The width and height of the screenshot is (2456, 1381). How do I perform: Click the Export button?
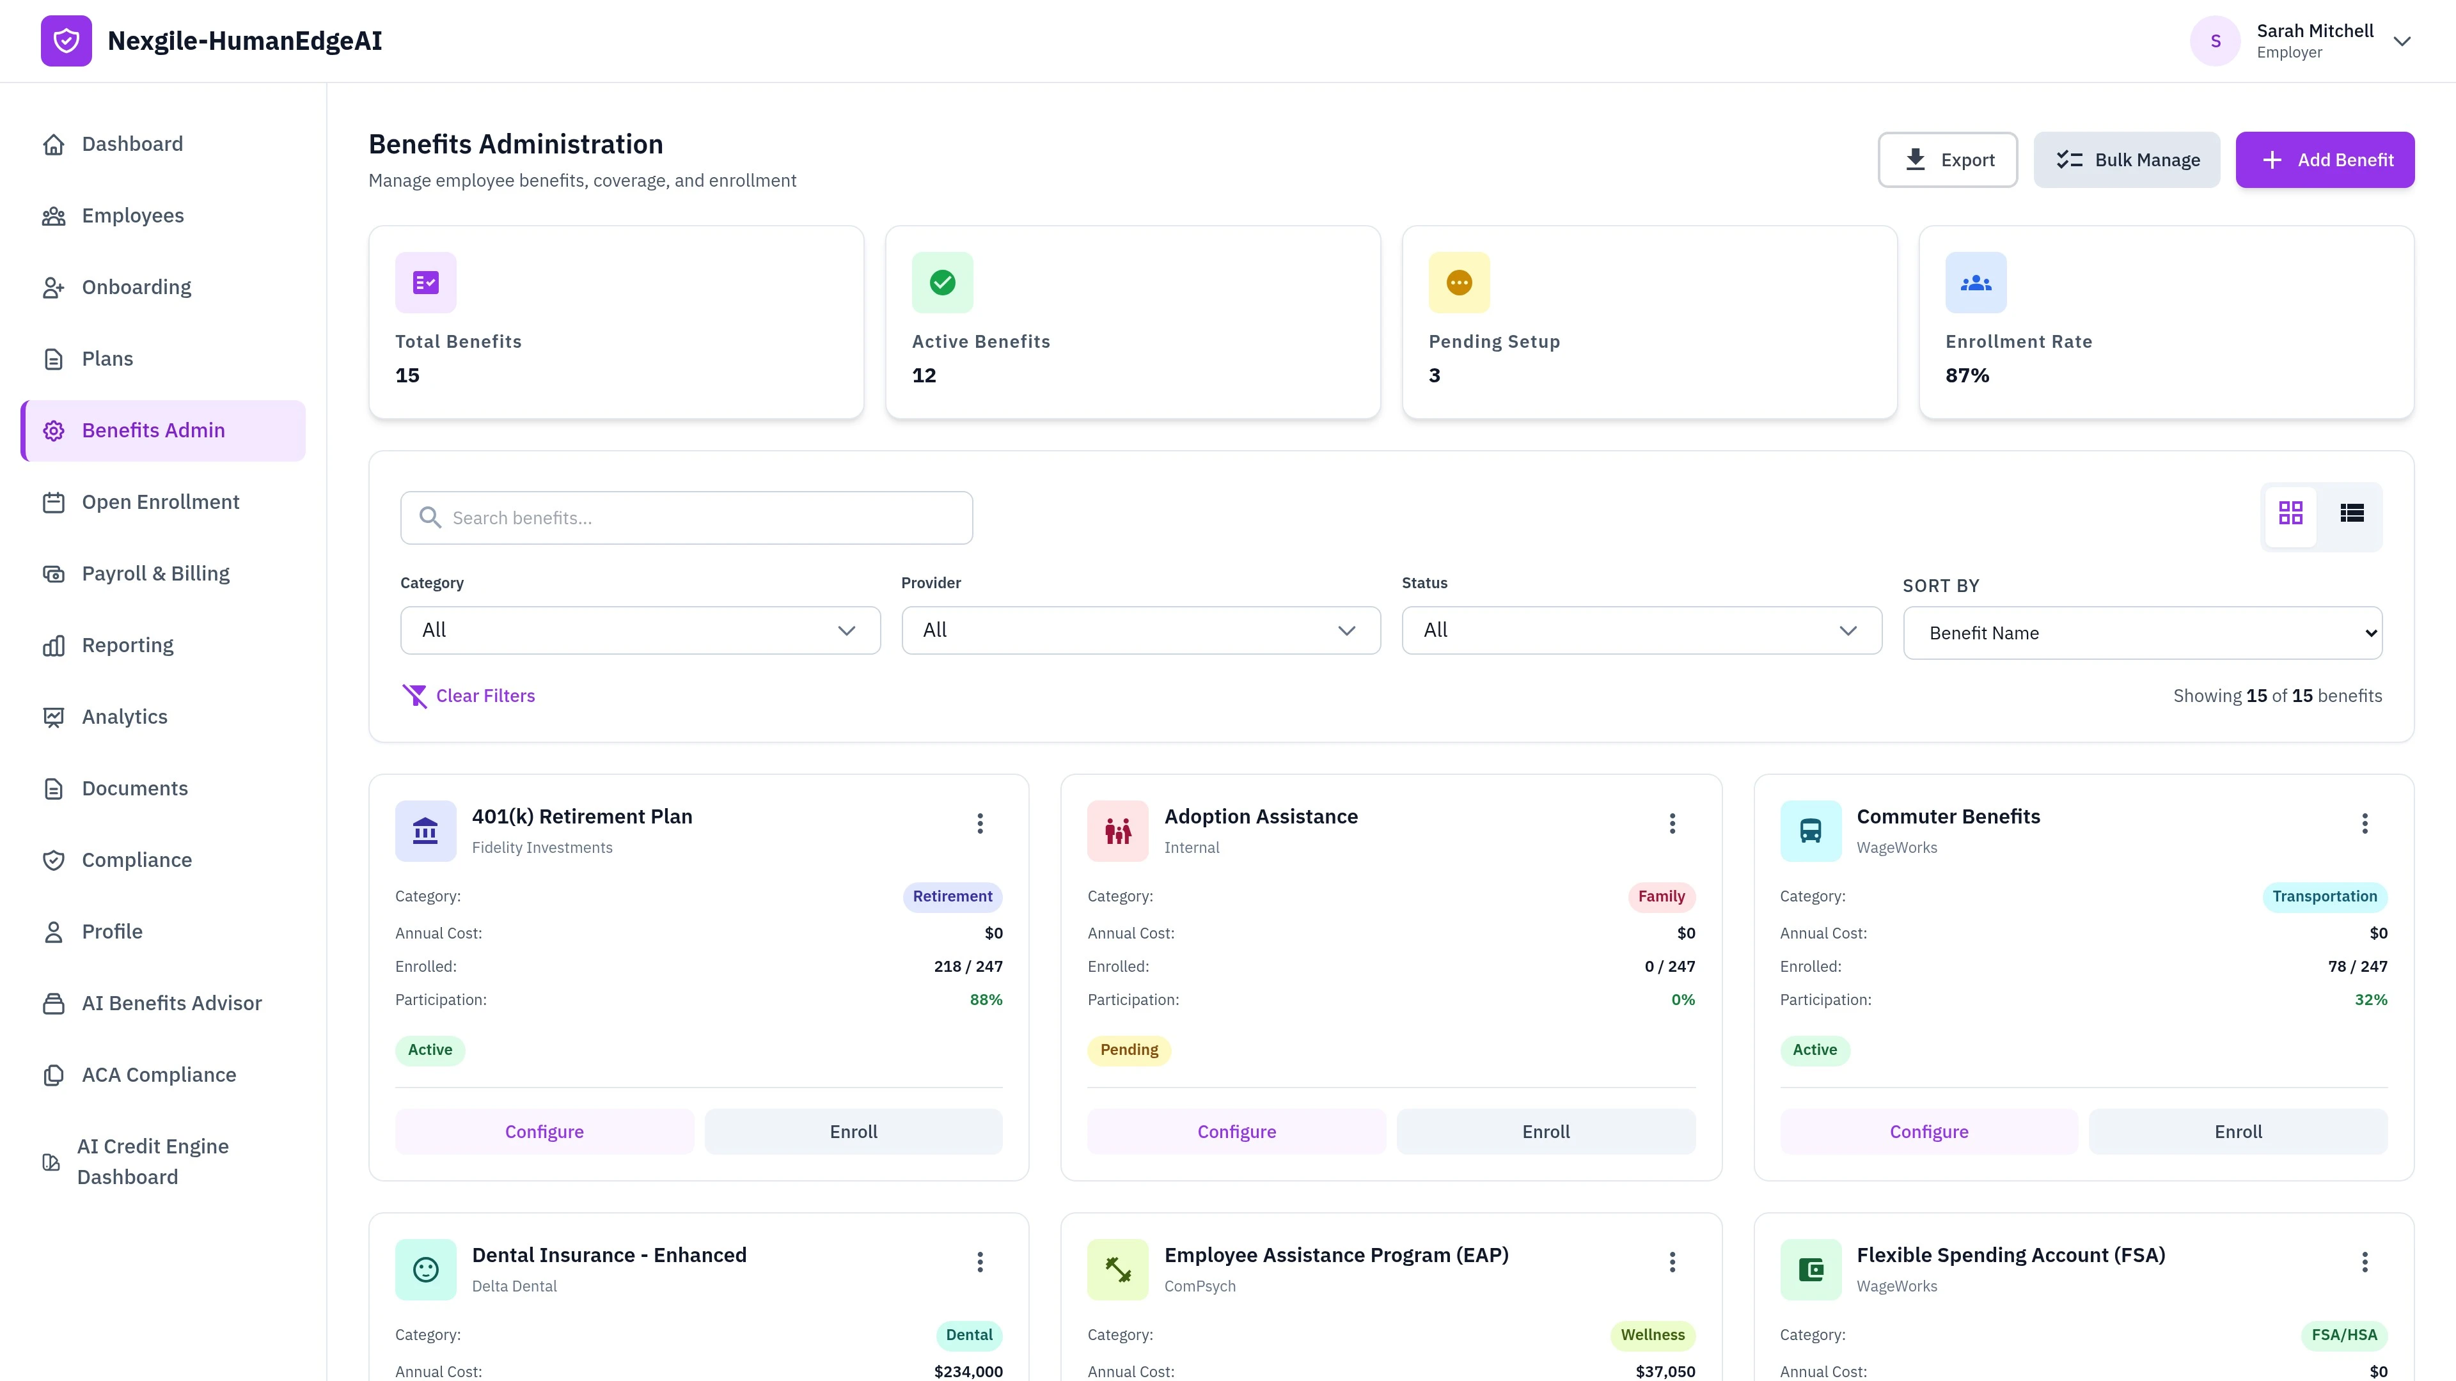(1947, 160)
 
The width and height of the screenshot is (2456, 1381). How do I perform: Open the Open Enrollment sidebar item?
(160, 503)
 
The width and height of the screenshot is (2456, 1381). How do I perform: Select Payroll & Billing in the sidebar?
(155, 573)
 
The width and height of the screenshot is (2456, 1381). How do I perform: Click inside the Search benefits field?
(686, 517)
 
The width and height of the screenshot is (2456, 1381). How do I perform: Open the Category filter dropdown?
(640, 630)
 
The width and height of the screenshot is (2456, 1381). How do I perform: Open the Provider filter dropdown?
(1140, 630)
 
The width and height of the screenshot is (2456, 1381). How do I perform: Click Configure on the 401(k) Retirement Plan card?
(544, 1131)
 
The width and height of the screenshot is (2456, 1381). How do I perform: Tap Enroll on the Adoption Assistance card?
(1545, 1131)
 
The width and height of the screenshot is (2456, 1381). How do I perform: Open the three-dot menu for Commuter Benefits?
(2365, 823)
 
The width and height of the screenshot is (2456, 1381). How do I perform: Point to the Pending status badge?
(1129, 1049)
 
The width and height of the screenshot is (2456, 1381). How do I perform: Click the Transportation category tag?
(2324, 896)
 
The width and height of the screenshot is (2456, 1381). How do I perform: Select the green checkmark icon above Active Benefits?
(942, 282)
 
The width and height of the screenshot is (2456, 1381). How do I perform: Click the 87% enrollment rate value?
(1967, 375)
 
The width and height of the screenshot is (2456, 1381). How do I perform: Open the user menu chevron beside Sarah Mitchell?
(2402, 41)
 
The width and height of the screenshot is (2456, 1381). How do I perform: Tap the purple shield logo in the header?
(66, 41)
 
